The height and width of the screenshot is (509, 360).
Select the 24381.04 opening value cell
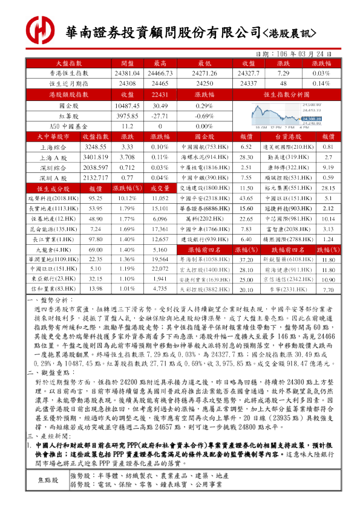(127, 73)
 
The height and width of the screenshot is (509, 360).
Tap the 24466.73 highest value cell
(160, 73)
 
